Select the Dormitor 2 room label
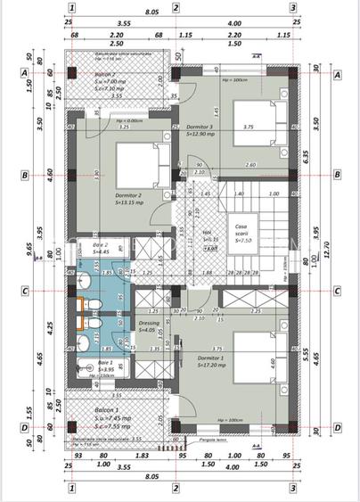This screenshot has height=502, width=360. (x=129, y=194)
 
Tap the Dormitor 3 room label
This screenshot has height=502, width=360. (x=200, y=128)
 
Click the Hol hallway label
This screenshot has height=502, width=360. (x=208, y=234)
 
